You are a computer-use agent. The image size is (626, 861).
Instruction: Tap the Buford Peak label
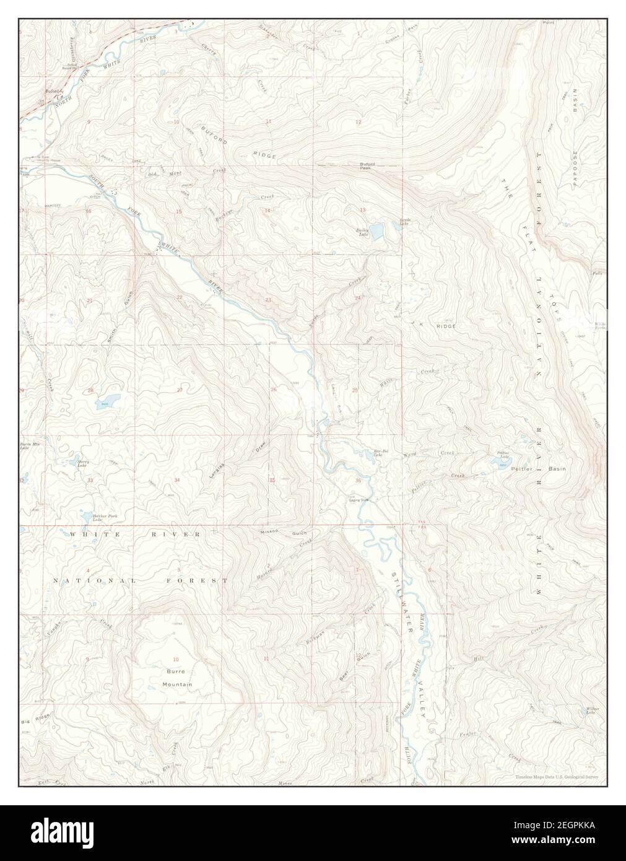pyautogui.click(x=368, y=165)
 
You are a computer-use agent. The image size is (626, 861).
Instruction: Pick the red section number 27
pyautogui.click(x=180, y=390)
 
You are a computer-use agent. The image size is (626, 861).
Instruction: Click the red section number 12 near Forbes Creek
pyautogui.click(x=358, y=122)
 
